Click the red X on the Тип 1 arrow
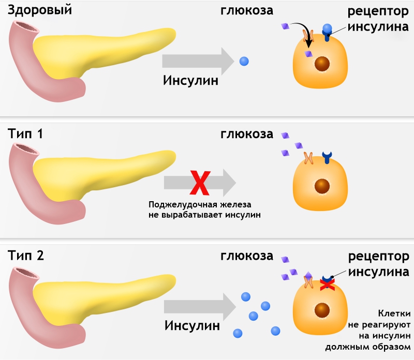198,182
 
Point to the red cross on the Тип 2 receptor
327,284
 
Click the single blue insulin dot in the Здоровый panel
244,61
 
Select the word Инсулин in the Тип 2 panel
192,326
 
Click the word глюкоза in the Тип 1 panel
247,134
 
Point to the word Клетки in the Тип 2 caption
395,313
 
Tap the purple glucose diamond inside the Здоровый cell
308,53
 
